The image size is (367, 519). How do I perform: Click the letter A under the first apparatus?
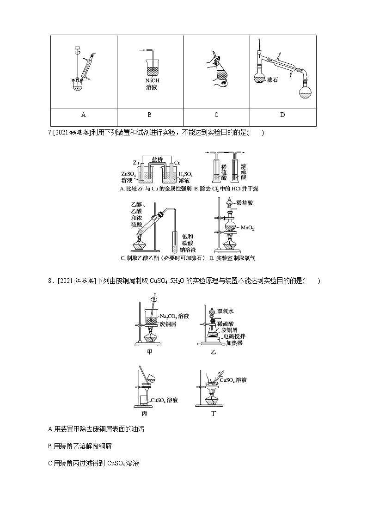(x=83, y=115)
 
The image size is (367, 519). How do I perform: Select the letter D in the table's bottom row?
(x=282, y=115)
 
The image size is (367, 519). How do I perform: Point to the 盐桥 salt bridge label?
(x=158, y=159)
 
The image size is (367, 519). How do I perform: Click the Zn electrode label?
(x=136, y=163)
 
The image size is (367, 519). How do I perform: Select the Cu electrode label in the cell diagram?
(x=177, y=163)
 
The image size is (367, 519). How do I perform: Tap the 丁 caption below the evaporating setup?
(x=213, y=414)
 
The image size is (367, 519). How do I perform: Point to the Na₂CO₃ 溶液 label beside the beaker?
(x=174, y=316)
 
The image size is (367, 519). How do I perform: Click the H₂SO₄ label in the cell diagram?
(x=185, y=174)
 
